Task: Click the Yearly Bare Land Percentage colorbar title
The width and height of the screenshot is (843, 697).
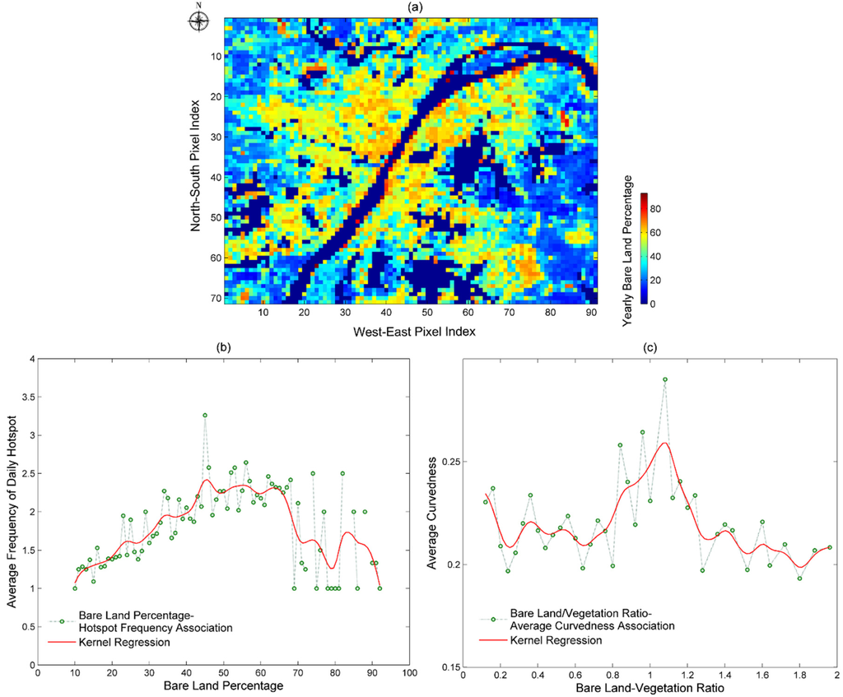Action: pos(628,251)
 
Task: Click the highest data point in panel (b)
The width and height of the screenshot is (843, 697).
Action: pos(205,416)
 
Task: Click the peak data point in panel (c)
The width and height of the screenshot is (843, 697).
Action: pos(664,380)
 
